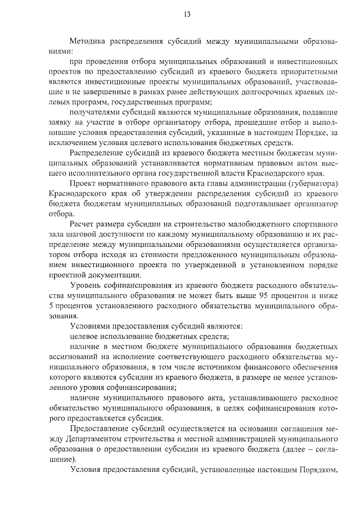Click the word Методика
(x=88, y=41)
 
